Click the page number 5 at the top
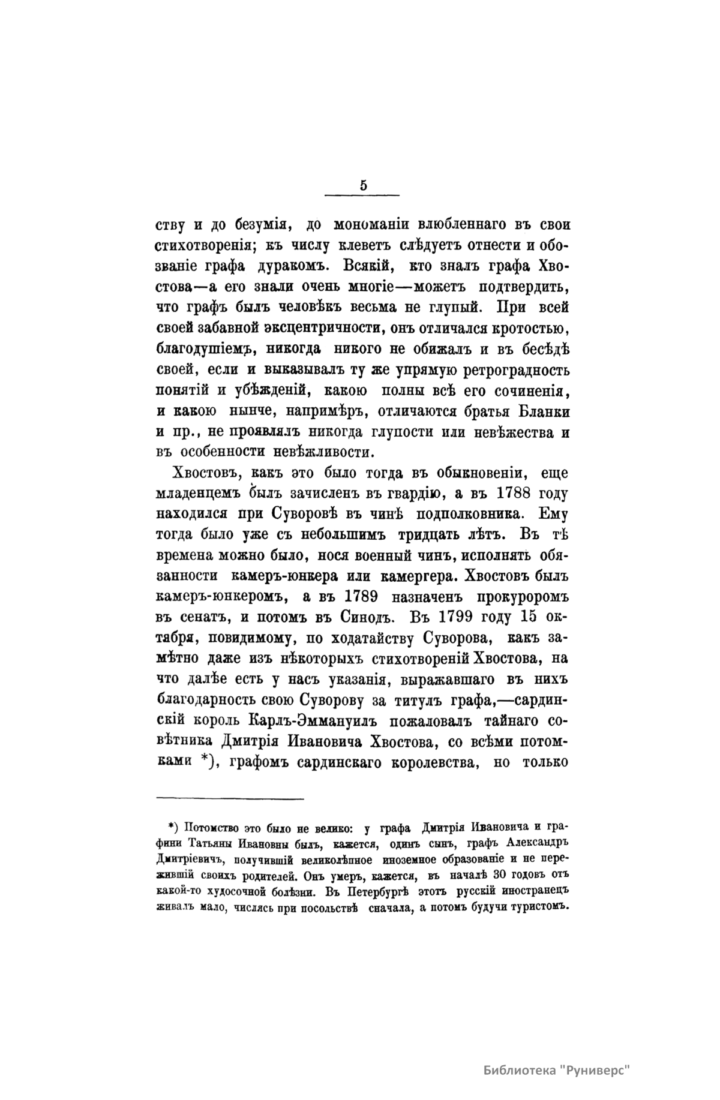click(x=364, y=186)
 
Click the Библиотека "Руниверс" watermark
click(x=557, y=1054)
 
